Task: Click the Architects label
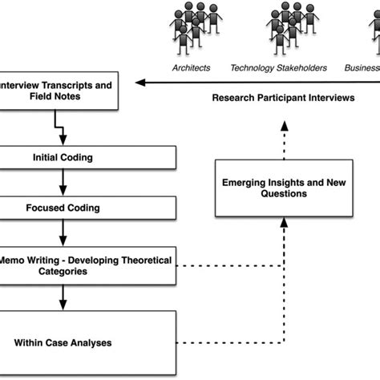tap(191, 68)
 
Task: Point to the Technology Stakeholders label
tap(278, 68)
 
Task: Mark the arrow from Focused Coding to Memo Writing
tap(61, 236)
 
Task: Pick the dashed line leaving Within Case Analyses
tap(232, 343)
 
